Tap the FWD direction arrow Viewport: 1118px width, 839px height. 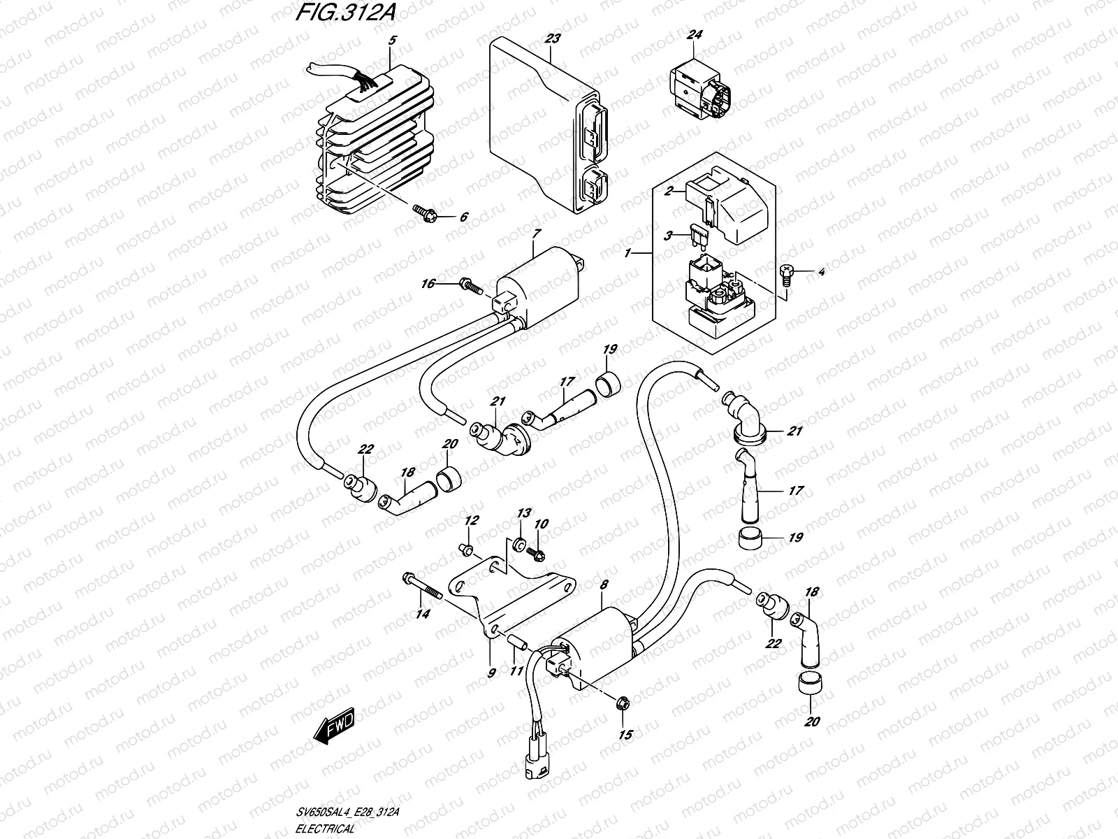click(334, 729)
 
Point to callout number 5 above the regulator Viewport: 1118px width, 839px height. click(391, 41)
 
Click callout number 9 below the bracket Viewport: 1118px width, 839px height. click(491, 673)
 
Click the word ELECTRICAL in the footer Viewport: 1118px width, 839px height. click(325, 827)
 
